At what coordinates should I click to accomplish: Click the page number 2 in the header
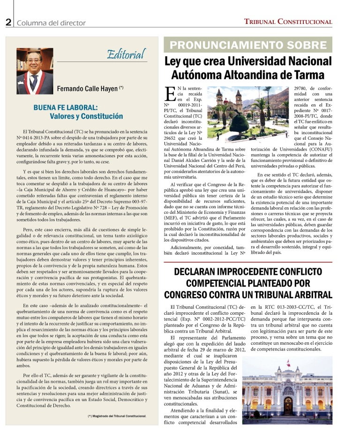8,22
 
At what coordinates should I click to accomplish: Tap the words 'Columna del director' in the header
51,23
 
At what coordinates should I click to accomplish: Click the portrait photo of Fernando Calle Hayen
35,71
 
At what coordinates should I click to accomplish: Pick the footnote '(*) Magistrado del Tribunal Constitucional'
117,416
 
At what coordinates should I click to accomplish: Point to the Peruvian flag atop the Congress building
289,364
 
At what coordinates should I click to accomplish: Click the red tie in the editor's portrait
34,82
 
